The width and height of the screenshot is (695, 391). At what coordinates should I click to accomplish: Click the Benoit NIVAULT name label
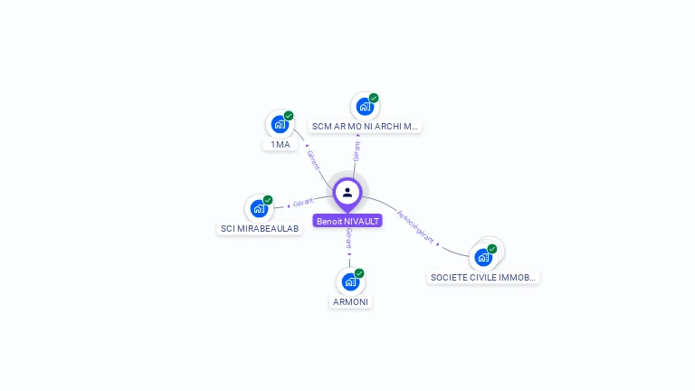(x=347, y=221)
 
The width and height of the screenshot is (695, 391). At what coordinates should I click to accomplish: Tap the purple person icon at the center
(x=347, y=192)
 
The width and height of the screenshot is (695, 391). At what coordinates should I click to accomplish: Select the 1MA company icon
(x=279, y=124)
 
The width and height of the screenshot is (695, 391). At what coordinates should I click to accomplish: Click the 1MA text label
(x=281, y=145)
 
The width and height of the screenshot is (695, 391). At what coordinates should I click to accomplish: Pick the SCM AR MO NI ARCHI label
(x=365, y=127)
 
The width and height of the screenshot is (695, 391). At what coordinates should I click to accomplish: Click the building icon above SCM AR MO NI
(x=364, y=106)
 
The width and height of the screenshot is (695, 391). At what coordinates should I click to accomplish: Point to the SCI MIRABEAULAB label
(x=260, y=229)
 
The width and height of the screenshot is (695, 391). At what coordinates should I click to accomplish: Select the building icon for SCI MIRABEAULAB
(x=259, y=208)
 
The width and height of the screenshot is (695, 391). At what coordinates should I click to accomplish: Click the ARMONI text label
(x=351, y=302)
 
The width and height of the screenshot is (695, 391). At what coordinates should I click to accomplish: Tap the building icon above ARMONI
(x=350, y=281)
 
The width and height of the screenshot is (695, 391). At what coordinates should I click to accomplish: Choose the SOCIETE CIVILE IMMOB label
(x=483, y=278)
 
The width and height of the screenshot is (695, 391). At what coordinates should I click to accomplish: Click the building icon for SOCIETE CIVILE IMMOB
(x=483, y=257)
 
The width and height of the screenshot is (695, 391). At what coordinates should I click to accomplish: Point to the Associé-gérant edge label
(x=417, y=227)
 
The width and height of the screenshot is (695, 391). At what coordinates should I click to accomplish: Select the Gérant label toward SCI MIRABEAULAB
(x=302, y=202)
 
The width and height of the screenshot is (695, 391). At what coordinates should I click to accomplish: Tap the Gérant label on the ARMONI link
(x=348, y=239)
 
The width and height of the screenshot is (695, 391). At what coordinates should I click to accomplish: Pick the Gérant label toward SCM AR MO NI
(x=357, y=150)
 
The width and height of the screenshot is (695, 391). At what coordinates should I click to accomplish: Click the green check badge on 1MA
(x=289, y=116)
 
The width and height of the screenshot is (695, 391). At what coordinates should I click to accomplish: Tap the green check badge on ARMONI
(x=359, y=273)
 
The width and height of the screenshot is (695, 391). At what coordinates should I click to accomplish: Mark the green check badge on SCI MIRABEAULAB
(x=268, y=200)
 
